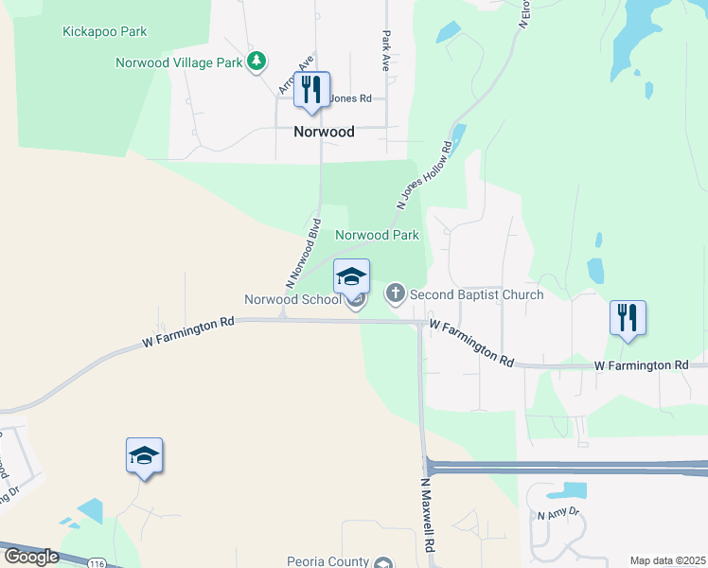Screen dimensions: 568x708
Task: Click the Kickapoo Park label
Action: [x=104, y=31]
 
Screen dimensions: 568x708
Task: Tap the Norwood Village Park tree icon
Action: [x=256, y=62]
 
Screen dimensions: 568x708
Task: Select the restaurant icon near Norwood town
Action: [x=311, y=91]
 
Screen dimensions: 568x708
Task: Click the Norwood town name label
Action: [x=324, y=132]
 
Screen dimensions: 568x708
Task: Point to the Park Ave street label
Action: [x=386, y=52]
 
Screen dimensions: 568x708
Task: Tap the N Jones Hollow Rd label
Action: [x=424, y=175]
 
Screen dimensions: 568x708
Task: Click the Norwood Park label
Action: [x=377, y=235]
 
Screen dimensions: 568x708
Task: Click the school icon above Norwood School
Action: [x=351, y=277]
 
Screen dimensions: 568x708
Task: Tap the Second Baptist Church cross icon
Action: [x=396, y=294]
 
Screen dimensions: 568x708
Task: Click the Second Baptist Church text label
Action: [x=477, y=294]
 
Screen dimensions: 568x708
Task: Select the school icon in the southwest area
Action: [x=144, y=456]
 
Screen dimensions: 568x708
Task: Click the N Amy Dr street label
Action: [x=557, y=515]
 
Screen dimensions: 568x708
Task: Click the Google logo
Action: [x=31, y=557]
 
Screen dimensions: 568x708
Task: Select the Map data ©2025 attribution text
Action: [x=667, y=560]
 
